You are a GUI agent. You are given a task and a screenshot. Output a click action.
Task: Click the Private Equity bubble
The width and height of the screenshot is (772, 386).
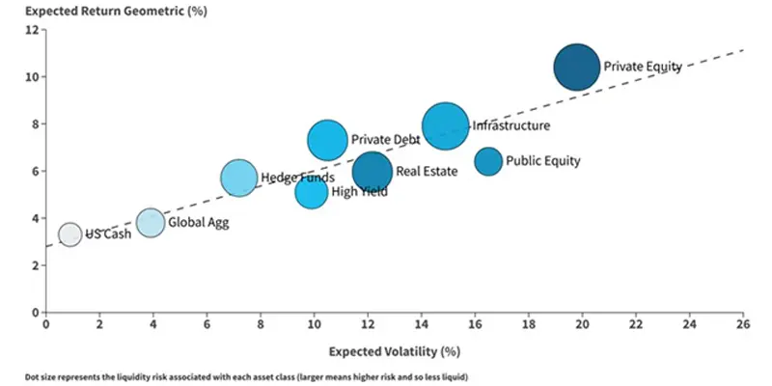[577, 68]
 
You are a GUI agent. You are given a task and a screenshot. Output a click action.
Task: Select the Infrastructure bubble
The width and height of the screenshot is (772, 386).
[445, 126]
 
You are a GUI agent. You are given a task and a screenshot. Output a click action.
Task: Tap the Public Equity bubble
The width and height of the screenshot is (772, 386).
[488, 161]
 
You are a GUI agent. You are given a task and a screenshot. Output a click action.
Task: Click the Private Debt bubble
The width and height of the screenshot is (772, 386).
[328, 141]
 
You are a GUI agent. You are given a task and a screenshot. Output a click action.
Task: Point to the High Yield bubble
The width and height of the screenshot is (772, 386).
[312, 192]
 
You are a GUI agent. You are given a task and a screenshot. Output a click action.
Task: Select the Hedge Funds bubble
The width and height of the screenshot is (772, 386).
[238, 179]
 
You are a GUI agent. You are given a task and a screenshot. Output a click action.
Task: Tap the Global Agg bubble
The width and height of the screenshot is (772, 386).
[150, 223]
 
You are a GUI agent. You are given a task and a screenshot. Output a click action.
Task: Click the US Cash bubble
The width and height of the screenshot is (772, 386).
[69, 234]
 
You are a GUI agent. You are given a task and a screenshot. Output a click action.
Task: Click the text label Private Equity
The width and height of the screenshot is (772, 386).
[643, 68]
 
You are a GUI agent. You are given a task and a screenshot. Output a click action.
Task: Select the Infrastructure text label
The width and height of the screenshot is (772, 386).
[511, 125]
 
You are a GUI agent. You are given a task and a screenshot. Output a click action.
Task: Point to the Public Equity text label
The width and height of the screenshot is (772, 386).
[543, 161]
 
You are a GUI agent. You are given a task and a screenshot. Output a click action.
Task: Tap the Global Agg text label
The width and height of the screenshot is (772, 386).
[200, 223]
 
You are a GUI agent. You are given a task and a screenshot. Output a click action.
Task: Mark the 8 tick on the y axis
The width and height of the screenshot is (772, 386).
[34, 124]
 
